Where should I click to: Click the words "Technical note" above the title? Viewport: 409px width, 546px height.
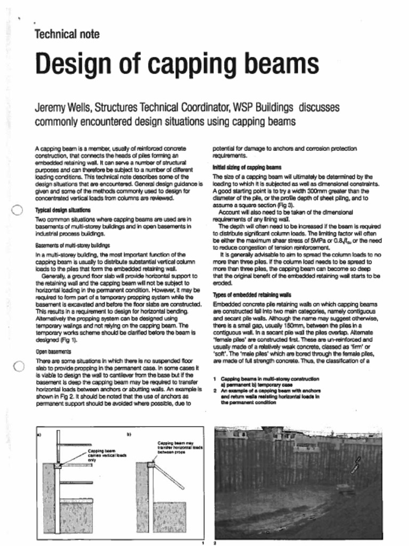coord(67,35)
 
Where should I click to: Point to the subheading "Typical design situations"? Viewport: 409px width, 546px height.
coord(62,211)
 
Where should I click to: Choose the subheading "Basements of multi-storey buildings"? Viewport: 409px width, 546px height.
coord(69,247)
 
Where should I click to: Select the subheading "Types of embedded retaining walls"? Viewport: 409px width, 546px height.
coord(244,294)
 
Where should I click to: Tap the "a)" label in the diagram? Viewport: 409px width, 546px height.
coord(39,435)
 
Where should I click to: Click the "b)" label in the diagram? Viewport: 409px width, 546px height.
coord(129,435)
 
